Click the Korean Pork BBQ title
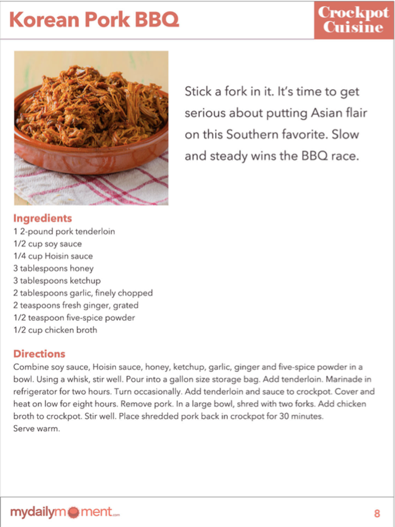point(94,20)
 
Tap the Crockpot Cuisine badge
point(353,20)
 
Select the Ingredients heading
point(42,218)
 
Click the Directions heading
point(39,354)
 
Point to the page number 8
point(377,513)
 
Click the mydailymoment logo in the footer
point(65,512)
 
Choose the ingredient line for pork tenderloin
point(64,231)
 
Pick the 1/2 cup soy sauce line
point(48,244)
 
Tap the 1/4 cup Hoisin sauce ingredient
point(53,256)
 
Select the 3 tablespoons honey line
point(53,269)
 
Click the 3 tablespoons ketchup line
point(57,281)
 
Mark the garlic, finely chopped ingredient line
point(83,293)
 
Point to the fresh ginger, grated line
point(76,305)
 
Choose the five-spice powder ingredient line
point(74,318)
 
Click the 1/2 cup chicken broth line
point(55,330)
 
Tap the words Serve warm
point(36,429)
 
